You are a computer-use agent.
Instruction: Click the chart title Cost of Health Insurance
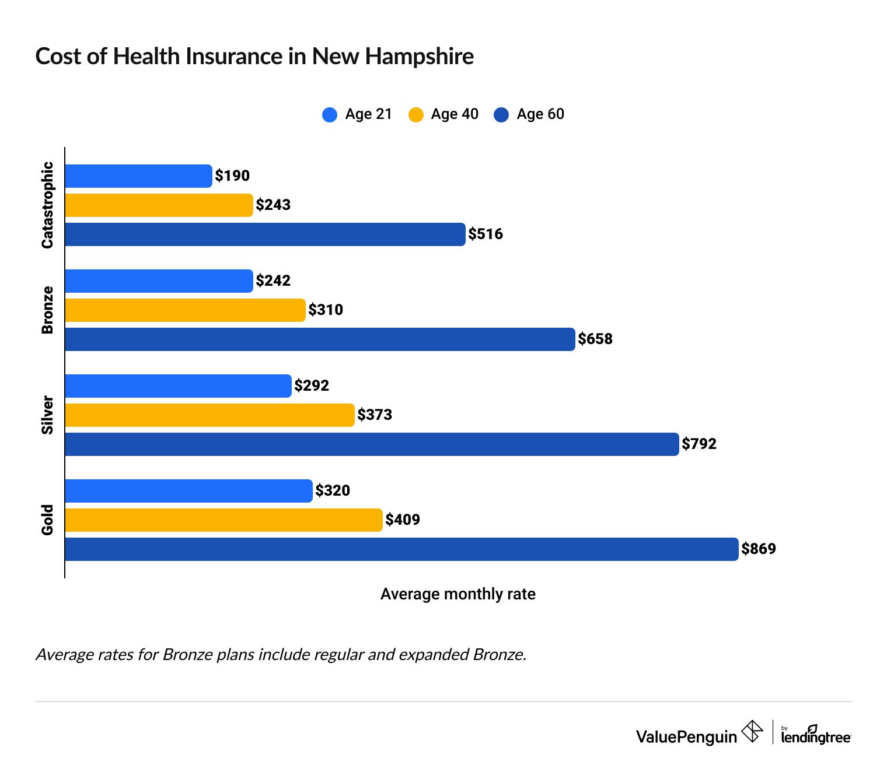point(254,57)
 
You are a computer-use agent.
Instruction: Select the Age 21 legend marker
point(330,114)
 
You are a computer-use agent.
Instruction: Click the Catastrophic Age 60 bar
point(265,234)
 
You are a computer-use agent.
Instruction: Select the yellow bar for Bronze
point(185,310)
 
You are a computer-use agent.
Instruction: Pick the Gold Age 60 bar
point(401,549)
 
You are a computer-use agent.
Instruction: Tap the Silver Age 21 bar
point(178,386)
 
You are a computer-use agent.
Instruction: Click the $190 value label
point(232,176)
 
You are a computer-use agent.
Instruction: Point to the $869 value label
point(759,549)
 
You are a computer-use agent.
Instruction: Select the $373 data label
point(375,415)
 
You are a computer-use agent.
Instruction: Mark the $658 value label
point(595,339)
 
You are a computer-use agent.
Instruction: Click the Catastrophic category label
point(47,205)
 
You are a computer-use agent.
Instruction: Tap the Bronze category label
point(47,310)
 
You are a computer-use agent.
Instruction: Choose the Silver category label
point(47,415)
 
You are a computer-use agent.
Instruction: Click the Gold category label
point(47,520)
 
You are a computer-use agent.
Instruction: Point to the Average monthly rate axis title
point(458,594)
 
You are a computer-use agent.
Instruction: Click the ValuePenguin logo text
point(686,737)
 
